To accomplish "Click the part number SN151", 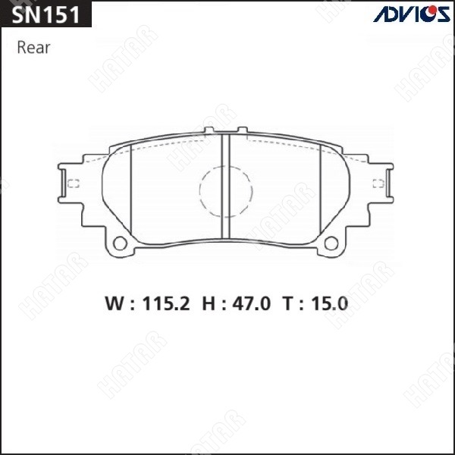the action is tap(45, 14).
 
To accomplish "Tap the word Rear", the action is tap(33, 48).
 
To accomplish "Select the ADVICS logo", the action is tap(412, 14).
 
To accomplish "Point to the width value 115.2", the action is tap(166, 304).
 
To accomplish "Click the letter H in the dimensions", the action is tap(209, 304).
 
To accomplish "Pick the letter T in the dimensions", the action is tap(289, 304).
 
